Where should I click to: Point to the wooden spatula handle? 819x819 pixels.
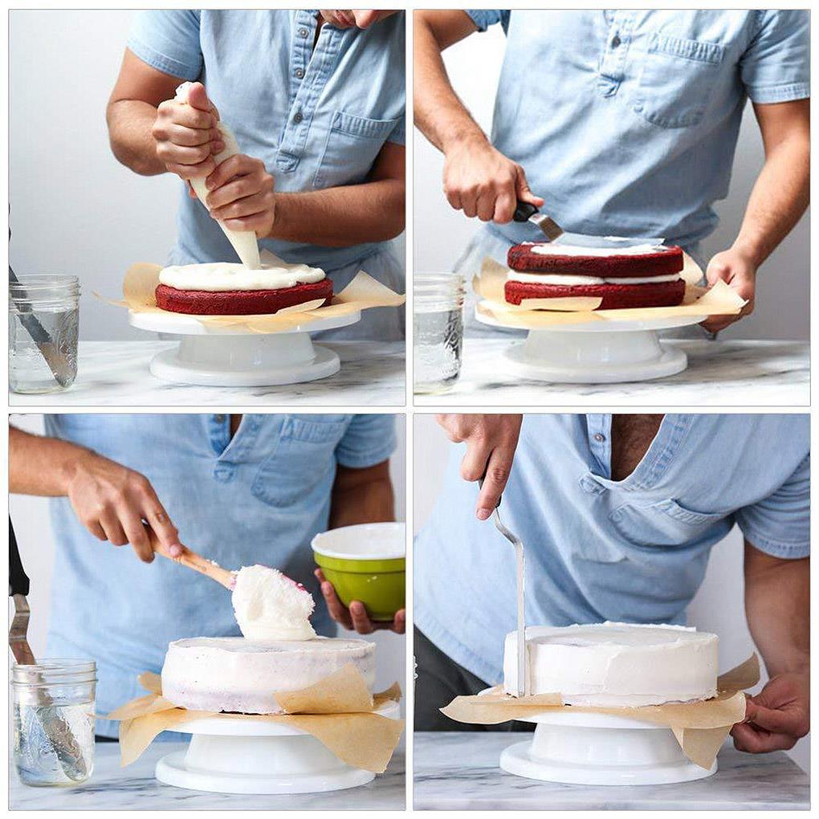(x=193, y=562)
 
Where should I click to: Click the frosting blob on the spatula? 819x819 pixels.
(x=271, y=604)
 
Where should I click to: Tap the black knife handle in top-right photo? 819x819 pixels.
(x=525, y=211)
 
